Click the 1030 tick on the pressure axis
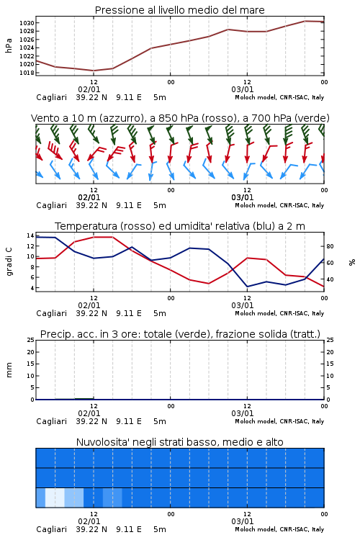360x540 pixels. pyautogui.click(x=27, y=23)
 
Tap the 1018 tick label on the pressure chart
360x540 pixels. pyautogui.click(x=27, y=73)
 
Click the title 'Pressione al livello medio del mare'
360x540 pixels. pyautogui.click(x=180, y=10)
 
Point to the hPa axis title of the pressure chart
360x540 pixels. pyautogui.click(x=9, y=45)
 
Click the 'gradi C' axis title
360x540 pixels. pyautogui.click(x=9, y=261)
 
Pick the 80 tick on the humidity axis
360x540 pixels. pyautogui.click(x=330, y=246)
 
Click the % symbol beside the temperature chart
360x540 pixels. pyautogui.click(x=352, y=262)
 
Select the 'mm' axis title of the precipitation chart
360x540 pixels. pyautogui.click(x=9, y=370)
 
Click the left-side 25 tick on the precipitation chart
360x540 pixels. pyautogui.click(x=30, y=340)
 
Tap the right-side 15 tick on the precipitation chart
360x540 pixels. pyautogui.click(x=330, y=364)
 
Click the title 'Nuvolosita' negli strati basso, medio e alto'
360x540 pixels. pyautogui.click(x=180, y=442)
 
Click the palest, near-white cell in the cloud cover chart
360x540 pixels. pyautogui.click(x=55, y=498)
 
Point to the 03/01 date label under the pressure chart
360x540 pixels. pyautogui.click(x=243, y=89)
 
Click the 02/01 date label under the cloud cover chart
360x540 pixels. pyautogui.click(x=89, y=521)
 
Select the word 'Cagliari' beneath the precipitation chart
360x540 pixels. pyautogui.click(x=52, y=421)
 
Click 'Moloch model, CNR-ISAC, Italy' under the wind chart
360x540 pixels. pyautogui.click(x=279, y=205)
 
